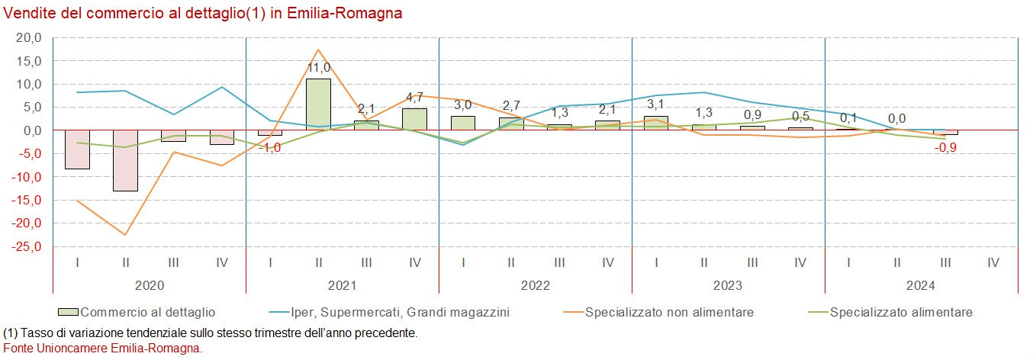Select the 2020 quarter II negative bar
125,160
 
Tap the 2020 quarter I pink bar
77,149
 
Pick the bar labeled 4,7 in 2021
414,119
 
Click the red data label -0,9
945,147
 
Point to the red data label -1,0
270,147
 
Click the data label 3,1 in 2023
656,104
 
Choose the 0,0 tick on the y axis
31,130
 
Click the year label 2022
536,286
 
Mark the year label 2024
922,286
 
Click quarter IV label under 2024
993,262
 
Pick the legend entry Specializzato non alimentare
669,312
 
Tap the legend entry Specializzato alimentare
901,312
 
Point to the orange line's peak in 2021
318,50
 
